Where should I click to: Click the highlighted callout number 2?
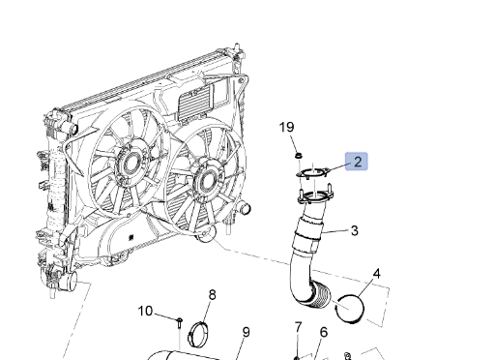click(358, 162)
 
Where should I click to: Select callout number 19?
click(286, 127)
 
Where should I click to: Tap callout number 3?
click(354, 230)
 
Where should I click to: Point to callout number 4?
click(376, 274)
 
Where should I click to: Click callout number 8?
click(212, 294)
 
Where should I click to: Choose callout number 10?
click(145, 311)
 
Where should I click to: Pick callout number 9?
click(246, 332)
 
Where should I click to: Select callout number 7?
click(298, 327)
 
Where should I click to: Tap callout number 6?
click(324, 332)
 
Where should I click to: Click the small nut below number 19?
click(299, 156)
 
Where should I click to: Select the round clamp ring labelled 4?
click(350, 309)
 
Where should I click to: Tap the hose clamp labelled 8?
click(198, 333)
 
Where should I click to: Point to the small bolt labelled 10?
click(180, 323)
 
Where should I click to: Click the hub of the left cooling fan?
click(131, 162)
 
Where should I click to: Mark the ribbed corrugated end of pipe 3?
click(321, 295)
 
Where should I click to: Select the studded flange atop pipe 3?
click(315, 195)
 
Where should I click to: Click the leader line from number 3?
click(335, 232)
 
